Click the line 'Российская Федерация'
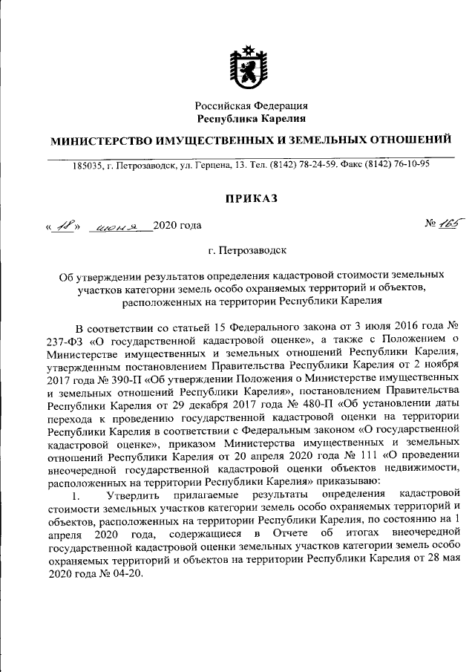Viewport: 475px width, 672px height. (x=252, y=106)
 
